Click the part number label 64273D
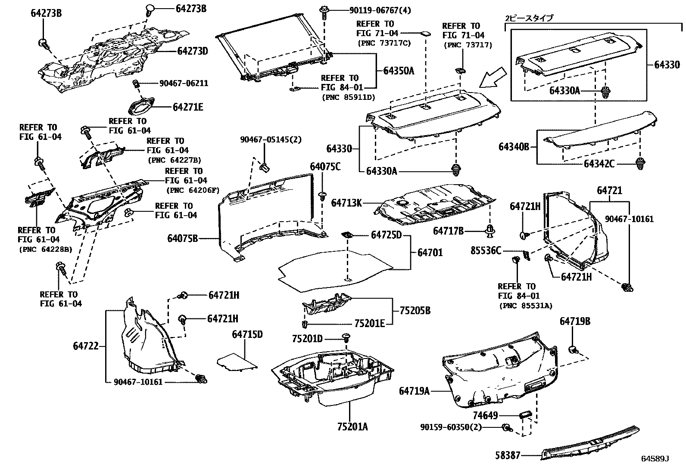[193, 51]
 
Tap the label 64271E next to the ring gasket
[188, 107]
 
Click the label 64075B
[183, 238]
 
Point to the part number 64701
[430, 252]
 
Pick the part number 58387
[508, 455]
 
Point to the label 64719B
[575, 321]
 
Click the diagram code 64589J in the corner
[655, 459]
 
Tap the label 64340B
[514, 147]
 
